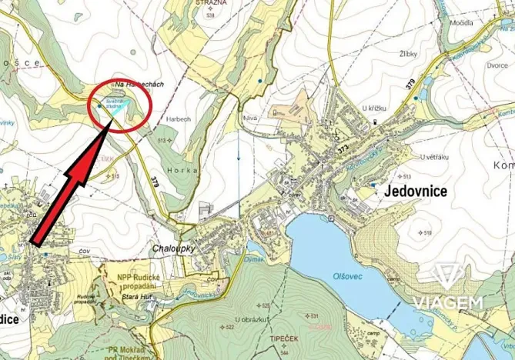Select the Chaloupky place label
[x=171, y=248]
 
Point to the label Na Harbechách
[x=139, y=83]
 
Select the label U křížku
[x=392, y=108]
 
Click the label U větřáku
[x=433, y=157]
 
